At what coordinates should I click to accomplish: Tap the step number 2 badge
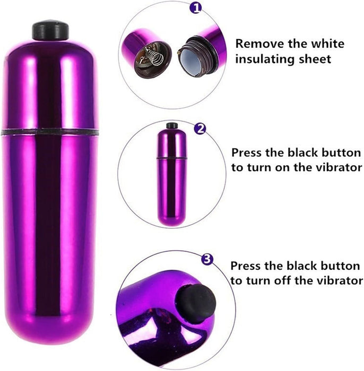click(x=200, y=129)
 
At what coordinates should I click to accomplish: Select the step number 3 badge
click(x=207, y=259)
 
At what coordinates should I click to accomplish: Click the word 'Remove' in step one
click(x=259, y=44)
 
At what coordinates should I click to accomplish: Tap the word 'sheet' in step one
click(x=315, y=59)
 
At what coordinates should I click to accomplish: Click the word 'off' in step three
click(x=283, y=280)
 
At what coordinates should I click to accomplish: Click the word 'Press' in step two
click(x=247, y=153)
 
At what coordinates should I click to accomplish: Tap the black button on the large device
click(x=50, y=30)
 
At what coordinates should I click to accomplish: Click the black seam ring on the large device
click(x=50, y=132)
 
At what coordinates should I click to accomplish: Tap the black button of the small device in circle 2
click(x=172, y=126)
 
